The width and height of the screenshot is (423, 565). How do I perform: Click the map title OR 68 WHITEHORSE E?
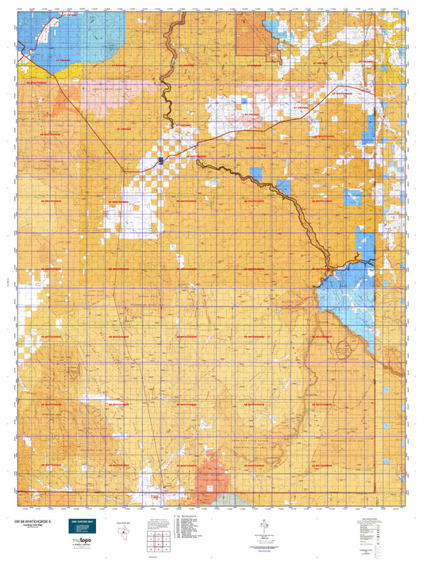35,520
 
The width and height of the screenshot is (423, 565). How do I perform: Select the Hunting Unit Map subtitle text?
32,525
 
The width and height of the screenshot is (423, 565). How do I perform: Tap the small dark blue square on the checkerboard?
161,161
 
